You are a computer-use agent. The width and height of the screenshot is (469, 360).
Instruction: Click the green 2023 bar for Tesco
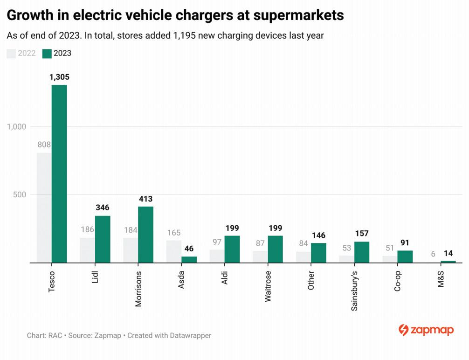[59, 174]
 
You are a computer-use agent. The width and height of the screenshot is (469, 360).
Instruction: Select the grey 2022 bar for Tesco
[44, 208]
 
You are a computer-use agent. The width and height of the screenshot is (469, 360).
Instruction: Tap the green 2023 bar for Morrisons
[146, 235]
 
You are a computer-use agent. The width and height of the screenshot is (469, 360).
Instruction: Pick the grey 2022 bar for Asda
[174, 251]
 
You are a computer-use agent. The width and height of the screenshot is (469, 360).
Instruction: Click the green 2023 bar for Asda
[189, 260]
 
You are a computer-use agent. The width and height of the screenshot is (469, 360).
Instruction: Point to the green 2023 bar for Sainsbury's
[362, 252]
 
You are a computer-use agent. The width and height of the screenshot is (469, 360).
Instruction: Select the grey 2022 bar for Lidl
[87, 250]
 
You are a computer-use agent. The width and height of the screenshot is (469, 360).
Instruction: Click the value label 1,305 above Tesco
[59, 77]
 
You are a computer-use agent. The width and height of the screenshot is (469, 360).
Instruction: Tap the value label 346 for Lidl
[103, 208]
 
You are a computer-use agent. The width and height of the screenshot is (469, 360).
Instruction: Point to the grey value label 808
[44, 145]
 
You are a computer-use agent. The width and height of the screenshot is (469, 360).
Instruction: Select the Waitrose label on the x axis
[268, 288]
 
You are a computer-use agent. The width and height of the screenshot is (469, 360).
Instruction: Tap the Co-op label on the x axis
[398, 280]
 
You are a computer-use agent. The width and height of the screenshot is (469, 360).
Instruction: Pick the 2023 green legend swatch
[47, 53]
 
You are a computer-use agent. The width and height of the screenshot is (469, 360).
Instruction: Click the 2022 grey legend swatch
[11, 53]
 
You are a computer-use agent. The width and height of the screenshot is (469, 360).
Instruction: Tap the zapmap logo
[426, 330]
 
